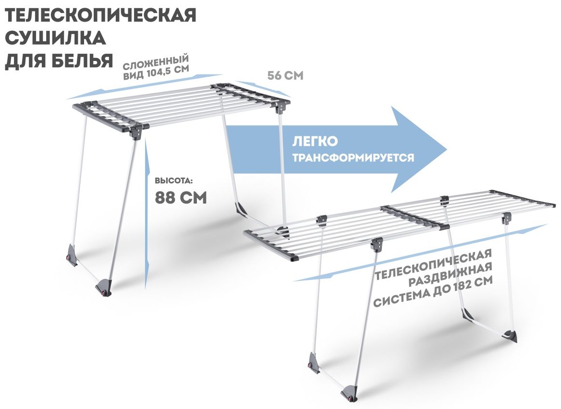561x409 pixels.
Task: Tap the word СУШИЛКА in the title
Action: (55, 37)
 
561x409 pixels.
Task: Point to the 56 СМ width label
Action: (285, 75)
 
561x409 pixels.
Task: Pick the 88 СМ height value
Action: (181, 197)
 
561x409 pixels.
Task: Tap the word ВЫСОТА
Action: (174, 180)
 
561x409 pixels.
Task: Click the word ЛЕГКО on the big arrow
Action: (315, 141)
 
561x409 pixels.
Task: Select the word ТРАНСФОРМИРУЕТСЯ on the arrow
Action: (353, 157)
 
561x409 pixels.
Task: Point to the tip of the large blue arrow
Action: (447, 150)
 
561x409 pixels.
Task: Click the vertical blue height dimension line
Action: (146, 213)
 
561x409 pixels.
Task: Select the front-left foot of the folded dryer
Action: (72, 255)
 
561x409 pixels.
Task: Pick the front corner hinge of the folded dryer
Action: (138, 131)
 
